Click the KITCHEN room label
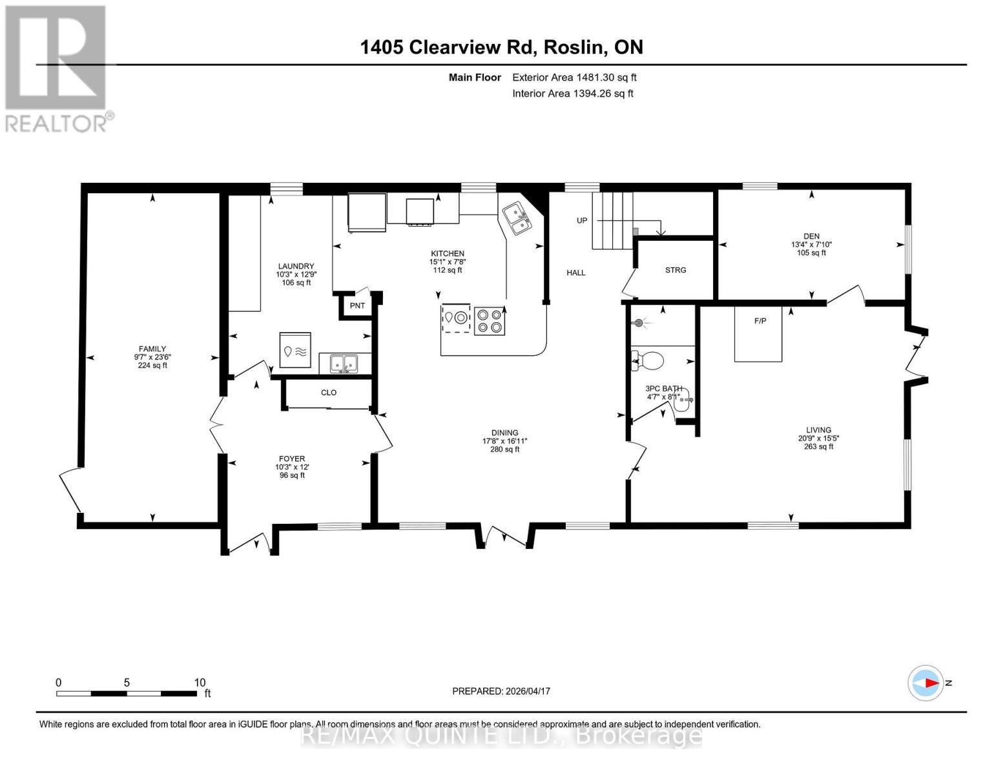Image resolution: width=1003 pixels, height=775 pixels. [x=448, y=254]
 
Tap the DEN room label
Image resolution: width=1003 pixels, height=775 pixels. [x=811, y=236]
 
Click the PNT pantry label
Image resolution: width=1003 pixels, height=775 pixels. [x=357, y=305]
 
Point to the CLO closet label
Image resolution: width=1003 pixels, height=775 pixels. [x=329, y=393]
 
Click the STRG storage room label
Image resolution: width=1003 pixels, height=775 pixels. [x=676, y=270]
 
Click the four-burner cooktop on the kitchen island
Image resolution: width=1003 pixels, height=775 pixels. [x=490, y=321]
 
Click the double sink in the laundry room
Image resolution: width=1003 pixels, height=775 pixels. [x=344, y=364]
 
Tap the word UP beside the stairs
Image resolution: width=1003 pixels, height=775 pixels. [x=582, y=220]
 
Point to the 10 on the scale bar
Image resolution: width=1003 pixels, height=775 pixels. [x=200, y=683]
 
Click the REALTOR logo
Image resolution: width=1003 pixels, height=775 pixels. [x=57, y=68]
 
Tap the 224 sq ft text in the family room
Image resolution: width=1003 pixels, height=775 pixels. [x=152, y=366]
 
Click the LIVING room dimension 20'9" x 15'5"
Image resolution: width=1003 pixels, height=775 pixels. [x=818, y=439]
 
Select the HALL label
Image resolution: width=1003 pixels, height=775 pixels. [x=576, y=273]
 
